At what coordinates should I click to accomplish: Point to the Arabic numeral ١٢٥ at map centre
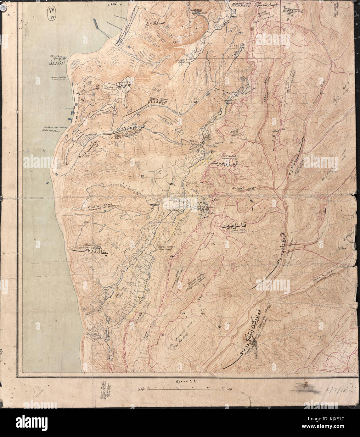(202, 203)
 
